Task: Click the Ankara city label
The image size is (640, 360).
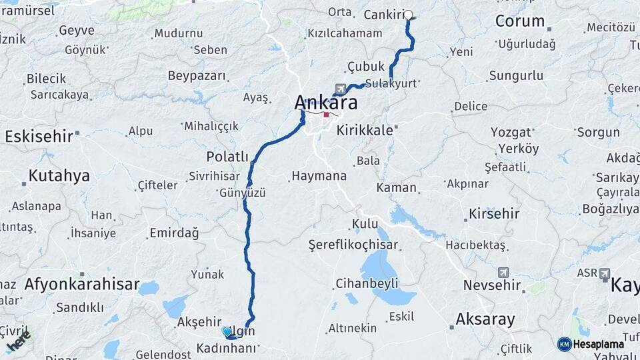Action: [x=326, y=103]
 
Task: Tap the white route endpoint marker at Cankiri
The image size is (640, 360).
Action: [x=408, y=15]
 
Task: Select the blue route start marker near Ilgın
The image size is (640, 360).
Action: [x=227, y=331]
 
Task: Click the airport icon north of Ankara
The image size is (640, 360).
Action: [x=341, y=89]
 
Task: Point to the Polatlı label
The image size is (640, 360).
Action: [x=227, y=157]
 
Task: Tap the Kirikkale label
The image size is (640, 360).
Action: [x=365, y=130]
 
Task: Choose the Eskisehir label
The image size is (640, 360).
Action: [x=38, y=137]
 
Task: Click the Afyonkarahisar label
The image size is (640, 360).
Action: [x=82, y=284]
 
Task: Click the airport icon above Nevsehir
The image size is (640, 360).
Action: [x=503, y=273]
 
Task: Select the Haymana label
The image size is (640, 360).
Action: [x=318, y=177]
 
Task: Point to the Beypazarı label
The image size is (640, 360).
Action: [x=197, y=75]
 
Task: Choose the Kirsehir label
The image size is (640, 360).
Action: [x=493, y=214]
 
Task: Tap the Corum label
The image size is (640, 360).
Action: [x=520, y=21]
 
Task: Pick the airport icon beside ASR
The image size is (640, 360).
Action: [x=605, y=274]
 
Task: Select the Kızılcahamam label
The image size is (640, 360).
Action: [x=345, y=33]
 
